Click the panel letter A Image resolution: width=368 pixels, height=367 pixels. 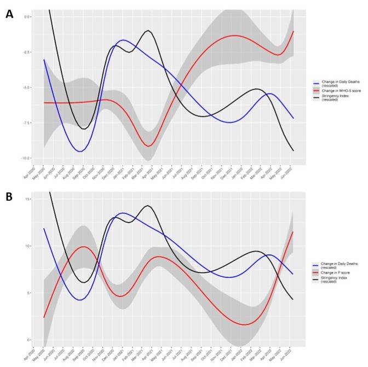coord(9,14)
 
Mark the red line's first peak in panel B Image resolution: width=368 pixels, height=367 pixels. coord(83,247)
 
